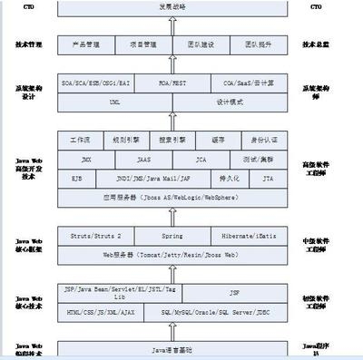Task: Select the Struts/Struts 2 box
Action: pyautogui.click(x=93, y=236)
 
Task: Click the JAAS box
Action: pyautogui.click(x=143, y=159)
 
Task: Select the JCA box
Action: pyautogui.click(x=201, y=159)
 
